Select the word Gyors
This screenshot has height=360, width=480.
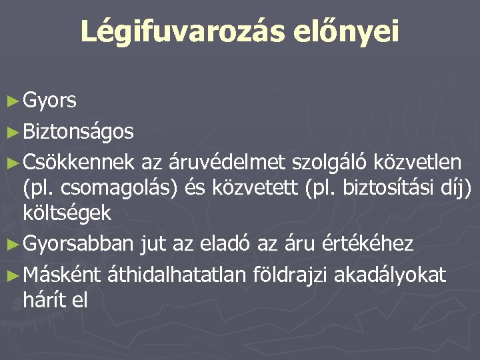49,101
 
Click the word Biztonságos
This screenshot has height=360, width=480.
78,132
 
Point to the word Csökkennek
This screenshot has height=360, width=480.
80,161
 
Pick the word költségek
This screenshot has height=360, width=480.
67,213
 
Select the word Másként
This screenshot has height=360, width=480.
61,273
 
